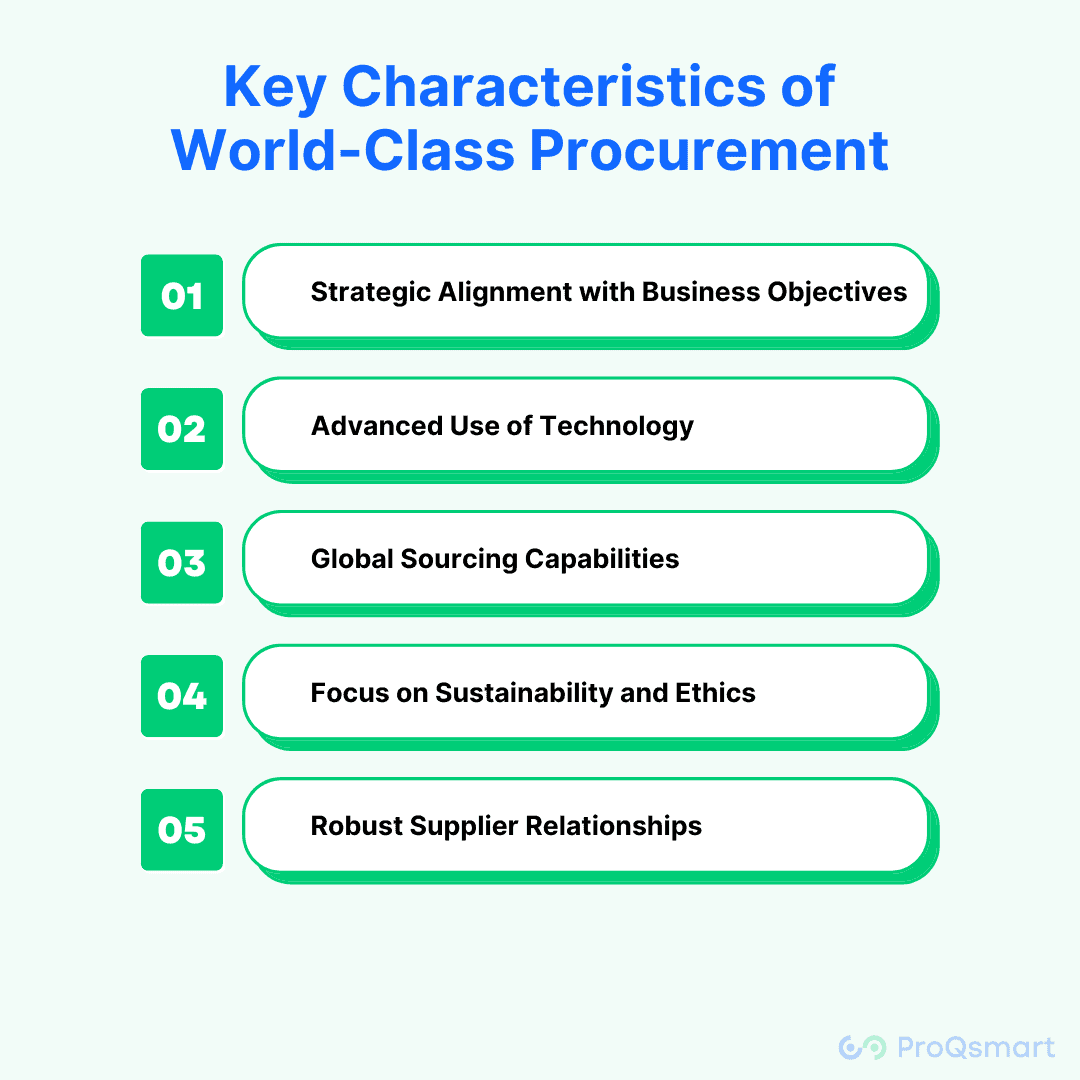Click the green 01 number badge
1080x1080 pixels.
tap(182, 295)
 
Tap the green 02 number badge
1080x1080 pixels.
tap(182, 429)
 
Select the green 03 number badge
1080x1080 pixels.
tap(182, 563)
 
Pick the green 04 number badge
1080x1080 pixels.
tap(182, 696)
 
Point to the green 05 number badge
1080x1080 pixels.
tap(182, 829)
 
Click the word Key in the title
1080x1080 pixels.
tap(275, 88)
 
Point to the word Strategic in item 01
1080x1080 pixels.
tap(371, 292)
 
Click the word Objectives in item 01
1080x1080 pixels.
tap(837, 292)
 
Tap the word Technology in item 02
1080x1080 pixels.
tap(616, 426)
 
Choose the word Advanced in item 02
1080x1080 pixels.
tap(377, 426)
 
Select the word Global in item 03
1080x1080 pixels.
tap(351, 559)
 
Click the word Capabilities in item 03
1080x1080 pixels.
tap(602, 559)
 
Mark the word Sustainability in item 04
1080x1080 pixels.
tap(523, 693)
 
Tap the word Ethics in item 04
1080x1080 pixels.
tap(715, 692)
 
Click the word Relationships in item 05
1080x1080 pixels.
tap(614, 826)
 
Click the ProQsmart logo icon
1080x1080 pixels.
tap(862, 1047)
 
